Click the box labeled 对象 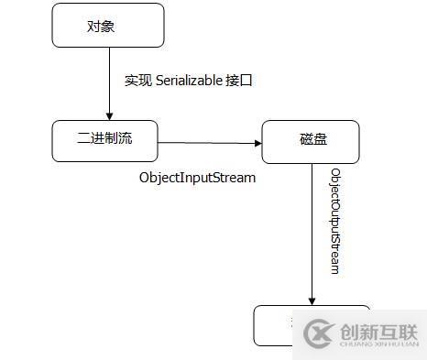pyautogui.click(x=108, y=26)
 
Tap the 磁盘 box pyautogui.click(x=311, y=141)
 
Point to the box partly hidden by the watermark pyautogui.click(x=275, y=325)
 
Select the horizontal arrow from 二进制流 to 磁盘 pyautogui.click(x=210, y=143)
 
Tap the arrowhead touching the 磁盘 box pyautogui.click(x=257, y=143)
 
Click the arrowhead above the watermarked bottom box pyautogui.click(x=312, y=300)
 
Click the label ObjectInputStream pyautogui.click(x=197, y=178)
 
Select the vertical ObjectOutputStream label pyautogui.click(x=335, y=220)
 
